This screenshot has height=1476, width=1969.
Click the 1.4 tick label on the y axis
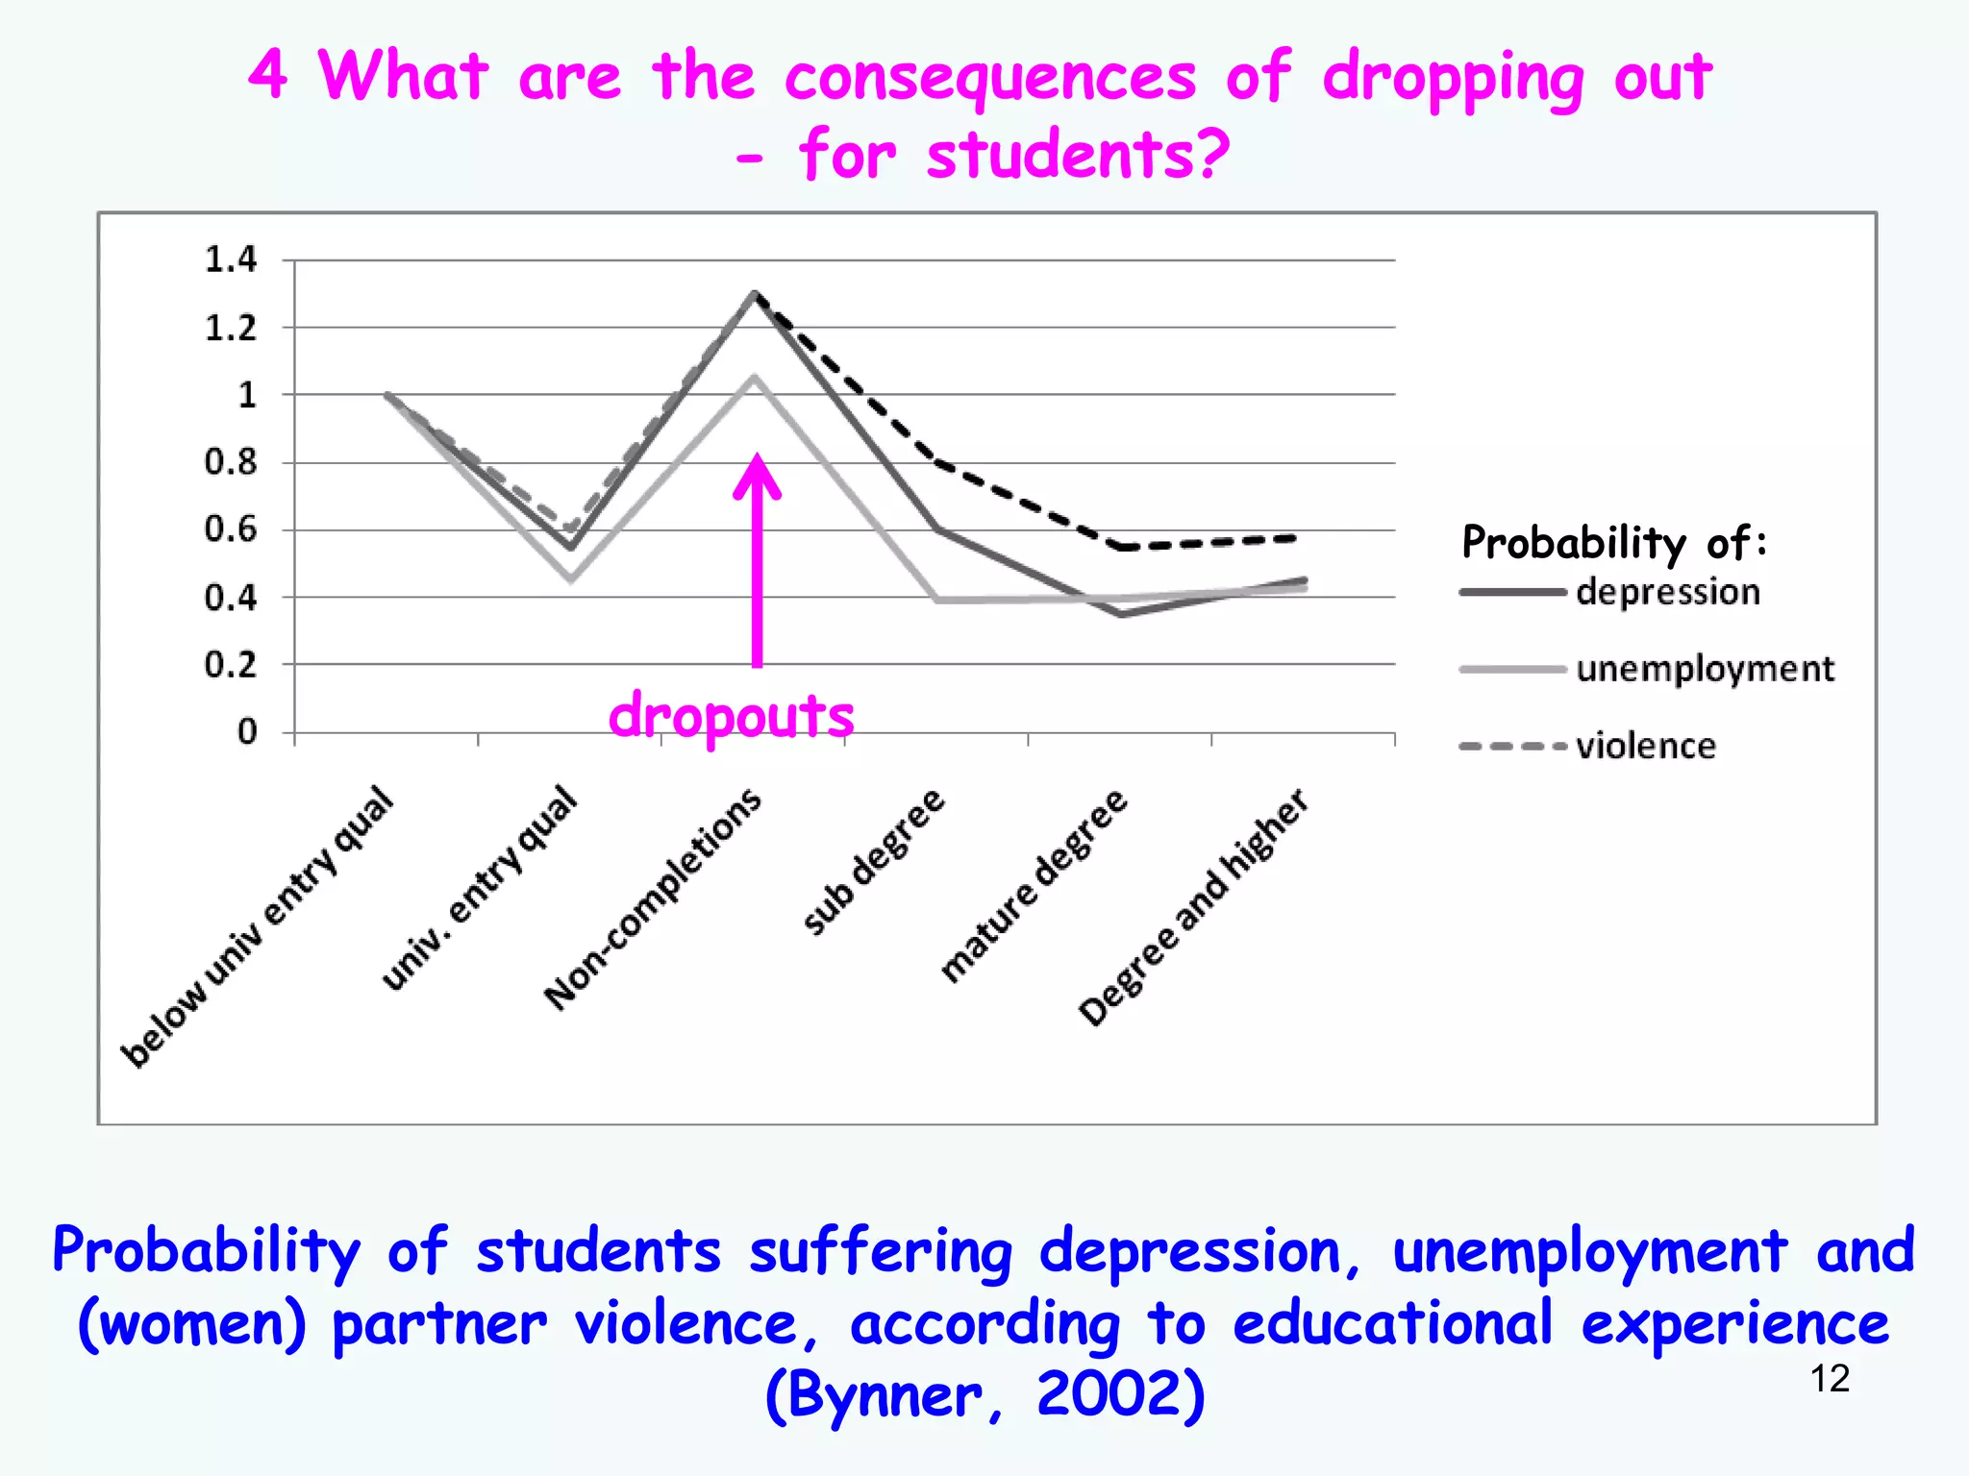(x=231, y=259)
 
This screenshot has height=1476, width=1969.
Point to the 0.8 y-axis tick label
(x=231, y=462)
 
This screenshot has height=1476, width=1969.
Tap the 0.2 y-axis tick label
(x=231, y=664)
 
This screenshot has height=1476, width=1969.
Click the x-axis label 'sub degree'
(x=874, y=861)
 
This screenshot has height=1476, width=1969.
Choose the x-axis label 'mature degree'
(x=1034, y=885)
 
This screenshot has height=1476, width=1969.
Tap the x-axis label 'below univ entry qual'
(x=258, y=926)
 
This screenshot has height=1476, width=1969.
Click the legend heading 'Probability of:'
(x=1613, y=543)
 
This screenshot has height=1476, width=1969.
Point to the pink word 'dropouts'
(x=731, y=716)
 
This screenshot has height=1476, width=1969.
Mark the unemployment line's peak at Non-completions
(x=755, y=378)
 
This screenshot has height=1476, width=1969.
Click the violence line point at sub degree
(x=939, y=463)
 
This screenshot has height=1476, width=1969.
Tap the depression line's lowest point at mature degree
(x=1122, y=613)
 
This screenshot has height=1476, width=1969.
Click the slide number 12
(x=1830, y=1379)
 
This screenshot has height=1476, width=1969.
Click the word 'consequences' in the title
(x=990, y=77)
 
